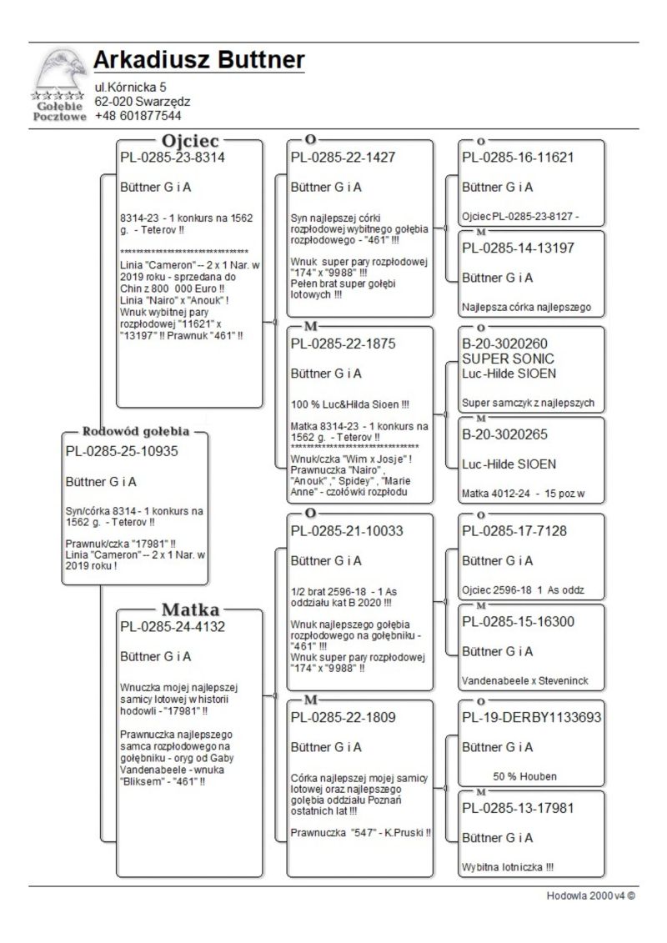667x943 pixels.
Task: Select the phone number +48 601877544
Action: pyautogui.click(x=138, y=116)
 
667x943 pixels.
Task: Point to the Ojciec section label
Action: pyautogui.click(x=191, y=140)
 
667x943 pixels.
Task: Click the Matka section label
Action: pyautogui.click(x=190, y=608)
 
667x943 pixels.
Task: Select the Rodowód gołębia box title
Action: pyautogui.click(x=135, y=432)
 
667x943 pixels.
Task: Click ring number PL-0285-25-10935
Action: pyautogui.click(x=122, y=451)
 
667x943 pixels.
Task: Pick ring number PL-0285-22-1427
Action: pyautogui.click(x=343, y=157)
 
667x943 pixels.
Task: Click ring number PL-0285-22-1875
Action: pyautogui.click(x=343, y=344)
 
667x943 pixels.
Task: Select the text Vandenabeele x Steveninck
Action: pyautogui.click(x=525, y=681)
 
